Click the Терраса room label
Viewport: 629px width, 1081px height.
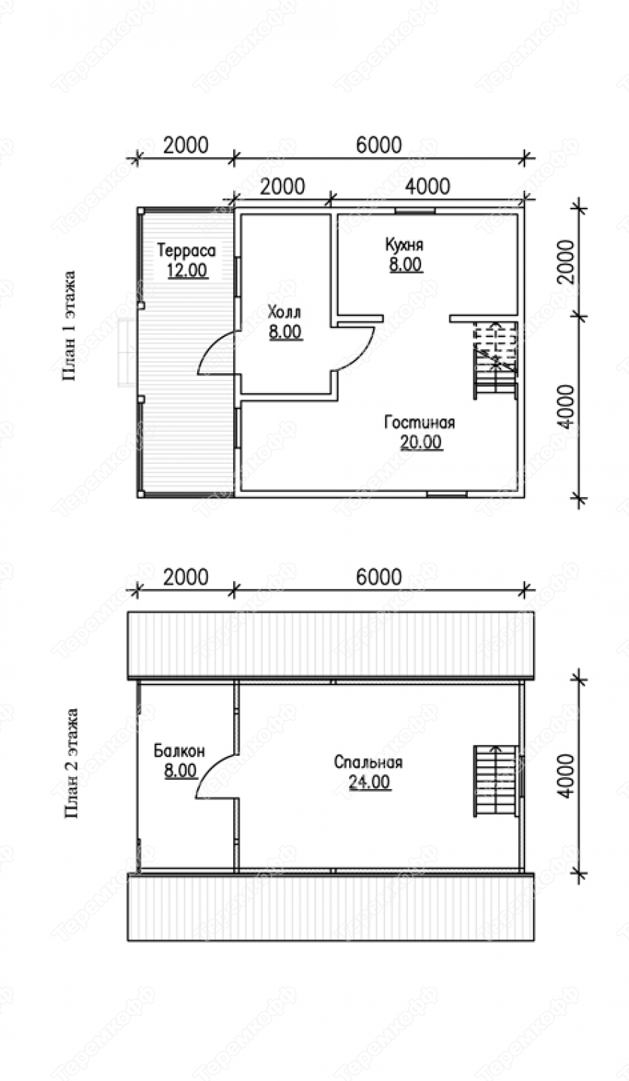click(x=186, y=250)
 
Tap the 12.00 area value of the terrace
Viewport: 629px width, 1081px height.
click(x=187, y=270)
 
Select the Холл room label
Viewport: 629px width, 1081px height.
click(x=285, y=312)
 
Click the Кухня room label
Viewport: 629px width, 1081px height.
click(x=404, y=245)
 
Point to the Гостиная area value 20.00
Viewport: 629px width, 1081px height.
click(x=421, y=442)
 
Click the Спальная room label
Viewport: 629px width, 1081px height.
click(x=368, y=762)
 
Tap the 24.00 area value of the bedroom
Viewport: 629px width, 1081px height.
click(x=370, y=782)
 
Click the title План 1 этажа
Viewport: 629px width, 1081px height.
click(x=69, y=326)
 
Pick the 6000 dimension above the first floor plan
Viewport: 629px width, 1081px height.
click(x=379, y=145)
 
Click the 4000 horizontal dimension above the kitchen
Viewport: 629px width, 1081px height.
click(x=428, y=186)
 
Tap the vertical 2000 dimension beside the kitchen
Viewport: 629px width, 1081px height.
click(x=568, y=262)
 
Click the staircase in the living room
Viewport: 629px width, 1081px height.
click(x=495, y=360)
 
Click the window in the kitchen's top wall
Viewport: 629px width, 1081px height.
click(x=416, y=211)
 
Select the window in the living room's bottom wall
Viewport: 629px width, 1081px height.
click(x=447, y=494)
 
